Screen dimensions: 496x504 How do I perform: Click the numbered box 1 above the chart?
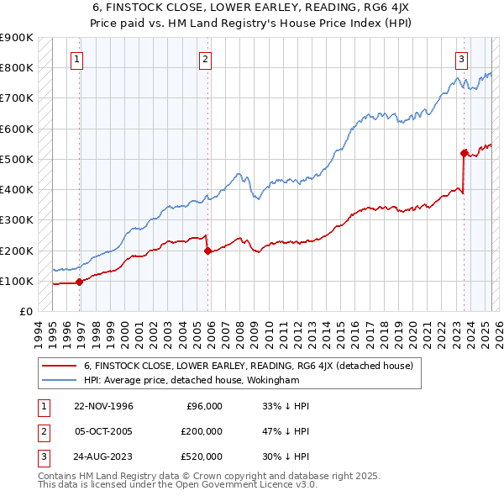[x=76, y=59]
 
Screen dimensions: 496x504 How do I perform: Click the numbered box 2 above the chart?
[x=205, y=59]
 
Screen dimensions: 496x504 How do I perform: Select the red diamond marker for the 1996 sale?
[x=80, y=282]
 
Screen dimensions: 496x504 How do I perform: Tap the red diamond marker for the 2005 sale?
[x=207, y=251]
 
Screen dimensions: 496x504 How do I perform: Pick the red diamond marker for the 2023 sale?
[x=464, y=153]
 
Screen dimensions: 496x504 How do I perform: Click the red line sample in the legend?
[x=59, y=366]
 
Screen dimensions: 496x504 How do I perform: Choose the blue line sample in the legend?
[x=59, y=381]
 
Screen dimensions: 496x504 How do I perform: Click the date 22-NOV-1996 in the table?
[x=103, y=406]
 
